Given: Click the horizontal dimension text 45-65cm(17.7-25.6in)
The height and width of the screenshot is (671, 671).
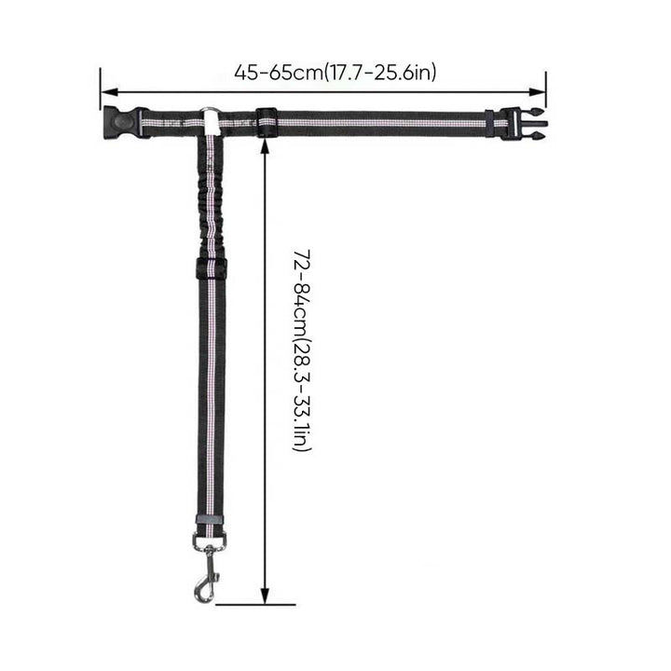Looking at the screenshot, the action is (335, 73).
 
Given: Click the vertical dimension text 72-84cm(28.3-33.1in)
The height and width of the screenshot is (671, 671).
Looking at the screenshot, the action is (302, 350).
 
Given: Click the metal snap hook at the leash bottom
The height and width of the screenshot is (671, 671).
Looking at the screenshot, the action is (206, 573).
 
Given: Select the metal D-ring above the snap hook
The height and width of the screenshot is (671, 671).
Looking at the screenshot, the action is (210, 541).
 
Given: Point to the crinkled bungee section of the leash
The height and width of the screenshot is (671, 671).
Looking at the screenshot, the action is (210, 197).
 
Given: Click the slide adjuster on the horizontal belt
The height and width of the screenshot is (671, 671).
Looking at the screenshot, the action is (267, 122).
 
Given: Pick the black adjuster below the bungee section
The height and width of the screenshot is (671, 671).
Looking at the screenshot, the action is (211, 268).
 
